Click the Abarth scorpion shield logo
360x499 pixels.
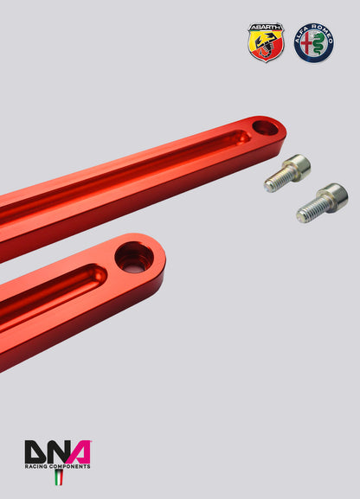point(266,42)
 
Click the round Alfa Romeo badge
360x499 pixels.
point(313,42)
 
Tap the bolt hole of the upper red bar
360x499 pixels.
point(266,129)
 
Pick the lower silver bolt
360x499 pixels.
point(321,202)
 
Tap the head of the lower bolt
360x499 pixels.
point(333,197)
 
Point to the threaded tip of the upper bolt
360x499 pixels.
point(271,184)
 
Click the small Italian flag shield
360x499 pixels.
point(59,477)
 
